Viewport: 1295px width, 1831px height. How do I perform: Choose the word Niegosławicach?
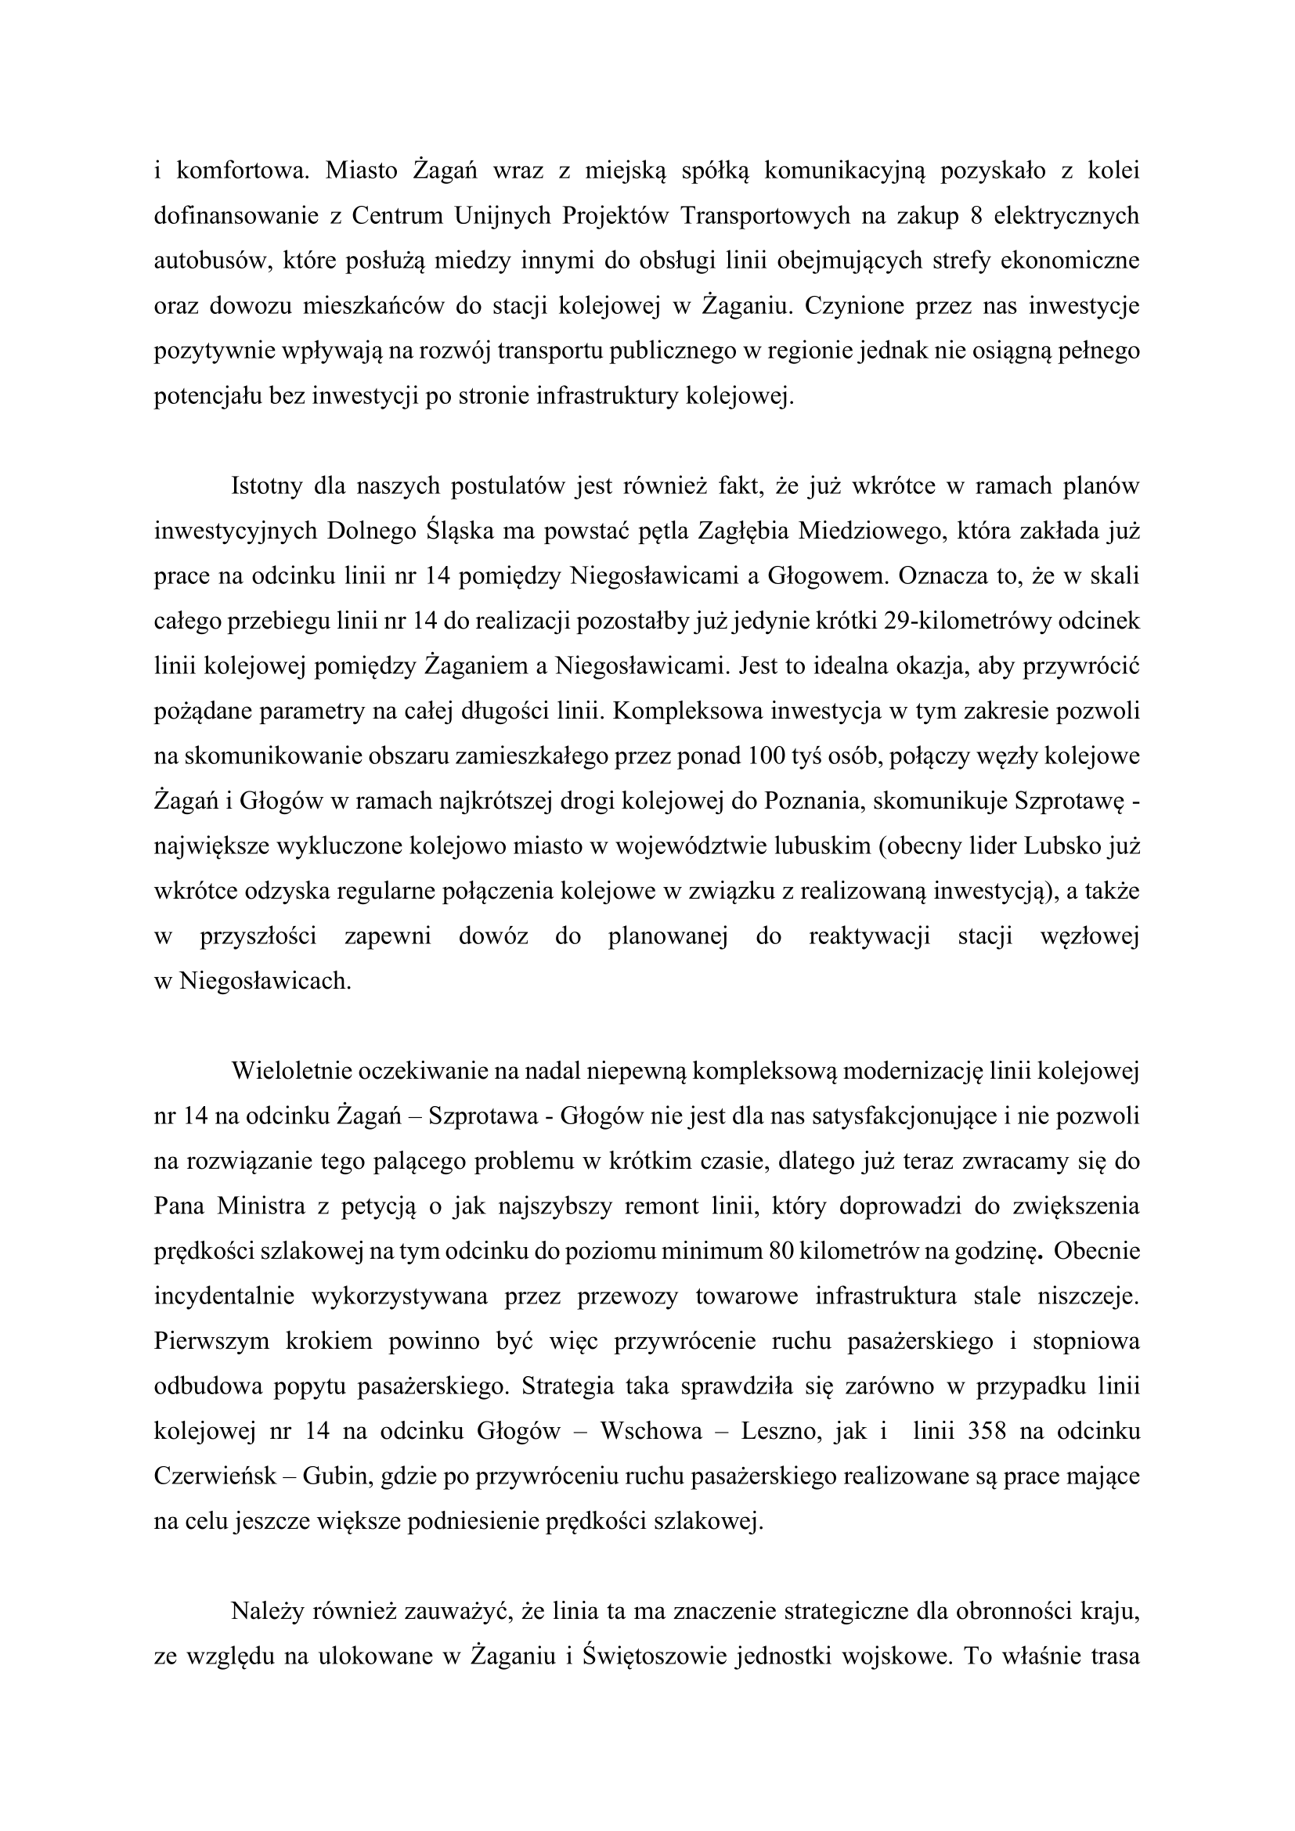pyautogui.click(x=265, y=980)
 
